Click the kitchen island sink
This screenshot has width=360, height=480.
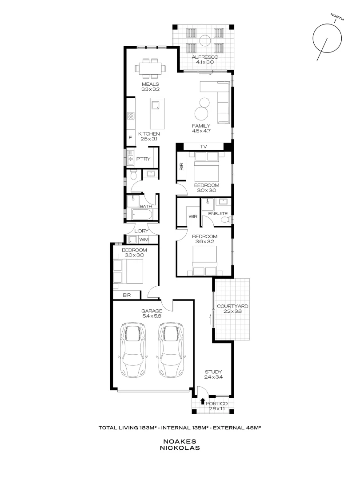click(x=155, y=105)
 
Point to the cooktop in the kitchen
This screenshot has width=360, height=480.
click(x=131, y=116)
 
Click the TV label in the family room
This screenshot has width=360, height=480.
click(x=204, y=146)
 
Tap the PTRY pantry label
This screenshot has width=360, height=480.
click(x=142, y=159)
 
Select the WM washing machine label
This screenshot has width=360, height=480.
click(x=144, y=240)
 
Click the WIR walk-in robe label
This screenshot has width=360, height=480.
click(x=192, y=217)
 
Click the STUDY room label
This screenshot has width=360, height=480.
click(x=213, y=372)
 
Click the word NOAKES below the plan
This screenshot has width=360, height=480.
click(x=180, y=441)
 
